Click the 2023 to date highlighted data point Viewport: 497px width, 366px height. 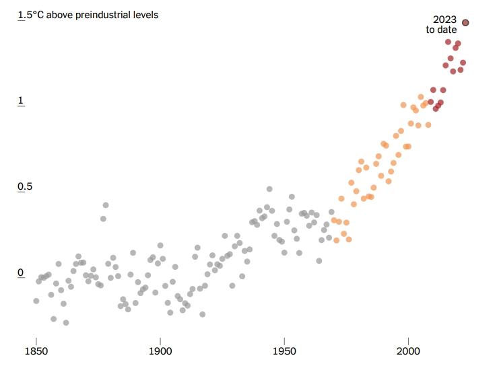(x=465, y=23)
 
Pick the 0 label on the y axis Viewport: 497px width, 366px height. (x=21, y=272)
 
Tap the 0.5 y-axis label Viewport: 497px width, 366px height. (x=25, y=186)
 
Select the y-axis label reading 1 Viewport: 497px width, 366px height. (x=21, y=101)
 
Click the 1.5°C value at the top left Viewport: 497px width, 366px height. (x=31, y=14)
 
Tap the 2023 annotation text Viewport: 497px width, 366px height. (x=444, y=20)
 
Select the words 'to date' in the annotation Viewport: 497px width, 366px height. (x=441, y=30)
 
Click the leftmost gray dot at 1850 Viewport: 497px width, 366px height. (x=36, y=301)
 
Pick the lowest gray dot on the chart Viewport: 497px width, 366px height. (x=66, y=323)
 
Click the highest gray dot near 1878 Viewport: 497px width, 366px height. (x=106, y=205)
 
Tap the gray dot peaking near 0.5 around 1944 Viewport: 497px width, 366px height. (x=269, y=189)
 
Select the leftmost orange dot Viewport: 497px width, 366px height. (x=333, y=220)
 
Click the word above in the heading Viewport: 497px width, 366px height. (x=63, y=14)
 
